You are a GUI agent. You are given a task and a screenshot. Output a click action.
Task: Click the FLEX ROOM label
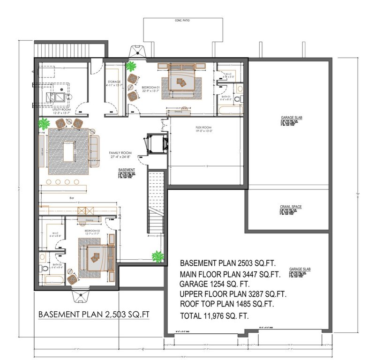click(204, 127)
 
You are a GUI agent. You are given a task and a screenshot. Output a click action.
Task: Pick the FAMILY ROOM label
click(120, 153)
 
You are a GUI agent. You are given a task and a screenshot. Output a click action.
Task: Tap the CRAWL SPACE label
click(290, 207)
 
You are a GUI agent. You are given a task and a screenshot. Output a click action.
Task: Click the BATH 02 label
click(57, 265)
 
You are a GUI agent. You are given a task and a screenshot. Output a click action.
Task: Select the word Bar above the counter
click(72, 198)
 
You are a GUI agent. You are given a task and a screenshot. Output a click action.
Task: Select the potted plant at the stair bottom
click(158, 256)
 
